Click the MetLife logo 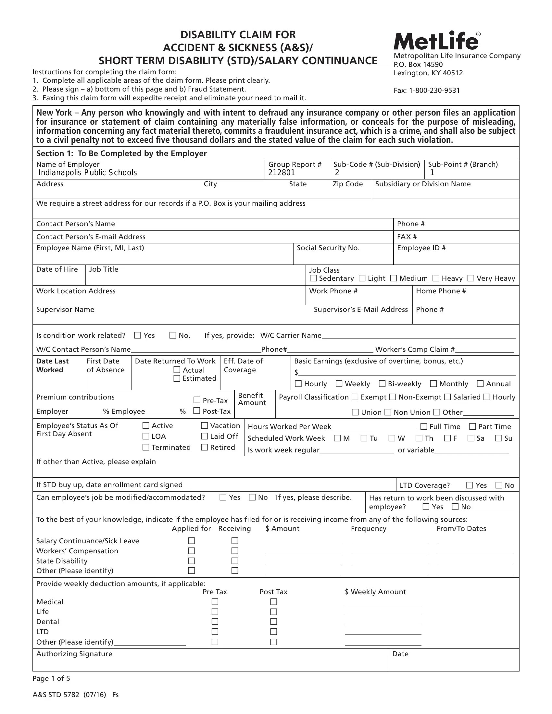point(436,41)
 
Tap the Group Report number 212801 point(282,173)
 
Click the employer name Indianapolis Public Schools point(88,173)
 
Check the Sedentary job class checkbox point(313,278)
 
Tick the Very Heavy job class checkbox point(470,278)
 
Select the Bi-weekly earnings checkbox point(382,384)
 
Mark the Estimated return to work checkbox point(177,378)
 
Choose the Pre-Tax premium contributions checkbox point(197,400)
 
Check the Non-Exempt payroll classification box point(393,397)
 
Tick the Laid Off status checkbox point(204,436)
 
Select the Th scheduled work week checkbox point(419,438)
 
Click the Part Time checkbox point(472,426)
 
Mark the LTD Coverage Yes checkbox point(470,485)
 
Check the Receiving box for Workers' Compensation point(235,551)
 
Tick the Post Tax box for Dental point(274,622)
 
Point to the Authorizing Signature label point(74,654)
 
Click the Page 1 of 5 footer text point(51,678)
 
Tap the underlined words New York point(54,113)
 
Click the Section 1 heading point(121,153)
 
